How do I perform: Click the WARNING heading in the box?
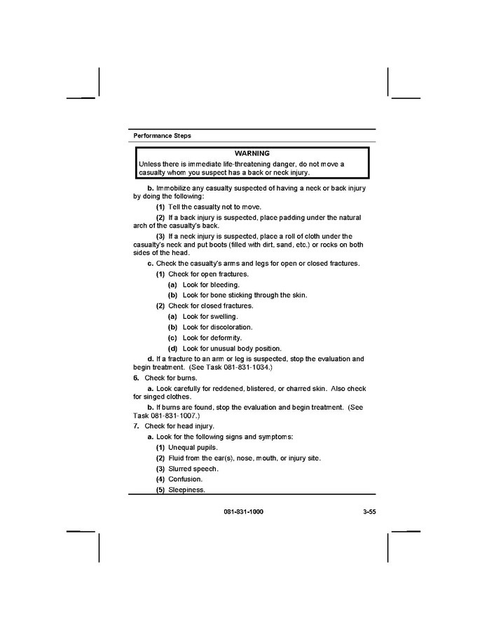pyautogui.click(x=252, y=153)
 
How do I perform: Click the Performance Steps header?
pyautogui.click(x=162, y=135)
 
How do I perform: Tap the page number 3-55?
pyautogui.click(x=369, y=512)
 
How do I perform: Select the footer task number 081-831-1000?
pyautogui.click(x=244, y=512)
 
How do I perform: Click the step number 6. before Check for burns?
pyautogui.click(x=136, y=378)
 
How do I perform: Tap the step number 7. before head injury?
pyautogui.click(x=136, y=426)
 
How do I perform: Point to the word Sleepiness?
pyautogui.click(x=186, y=490)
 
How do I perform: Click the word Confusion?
pyautogui.click(x=185, y=479)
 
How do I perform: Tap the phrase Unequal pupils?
pyautogui.click(x=193, y=447)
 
